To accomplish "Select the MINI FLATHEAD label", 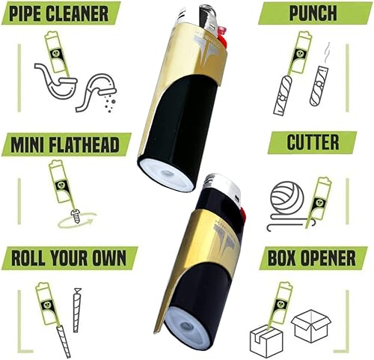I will click(x=66, y=144).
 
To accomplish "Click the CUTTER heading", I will click(x=314, y=142).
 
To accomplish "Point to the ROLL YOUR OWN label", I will click(x=69, y=257).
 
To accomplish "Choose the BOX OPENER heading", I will click(x=313, y=258).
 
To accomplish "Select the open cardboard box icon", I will click(x=312, y=326).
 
